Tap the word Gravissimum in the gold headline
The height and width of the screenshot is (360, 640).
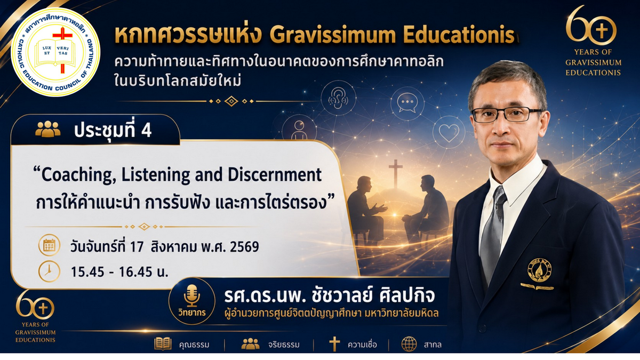point(332,36)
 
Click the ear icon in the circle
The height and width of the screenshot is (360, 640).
point(338,99)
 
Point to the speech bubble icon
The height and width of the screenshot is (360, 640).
point(407,102)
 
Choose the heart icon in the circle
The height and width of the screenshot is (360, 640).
point(449,133)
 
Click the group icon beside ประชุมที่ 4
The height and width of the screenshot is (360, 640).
point(47,129)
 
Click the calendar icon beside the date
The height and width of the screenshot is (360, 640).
point(49,245)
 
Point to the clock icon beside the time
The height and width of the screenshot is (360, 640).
point(49,271)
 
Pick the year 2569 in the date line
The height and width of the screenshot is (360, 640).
point(244,247)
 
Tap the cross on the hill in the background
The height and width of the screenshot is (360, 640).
point(395,173)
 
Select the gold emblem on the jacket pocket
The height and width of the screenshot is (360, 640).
point(539,270)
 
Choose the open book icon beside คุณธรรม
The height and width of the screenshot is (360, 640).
point(163,343)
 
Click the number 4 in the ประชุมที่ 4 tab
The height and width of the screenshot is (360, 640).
point(146,131)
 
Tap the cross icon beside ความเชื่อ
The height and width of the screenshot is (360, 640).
point(334,343)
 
